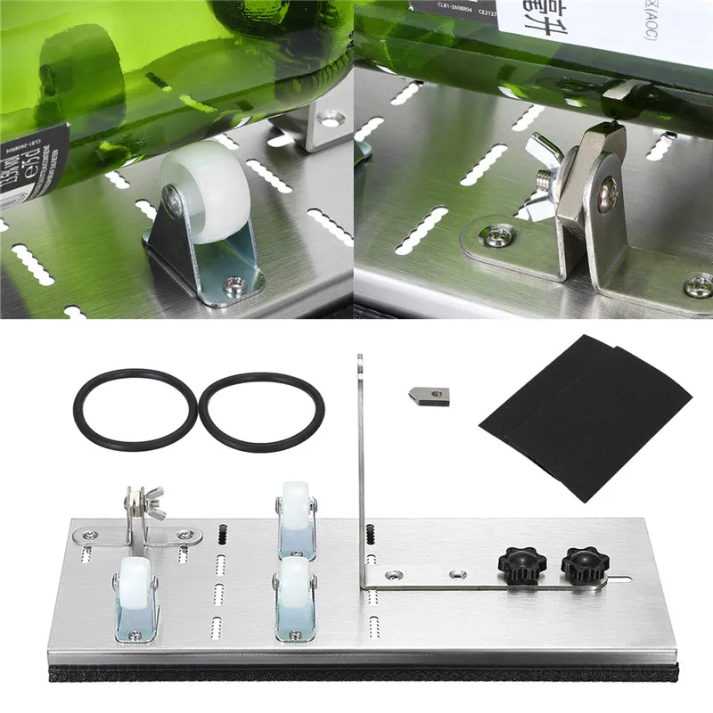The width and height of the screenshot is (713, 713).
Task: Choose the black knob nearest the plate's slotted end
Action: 580,564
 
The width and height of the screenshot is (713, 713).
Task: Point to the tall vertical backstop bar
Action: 361,463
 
